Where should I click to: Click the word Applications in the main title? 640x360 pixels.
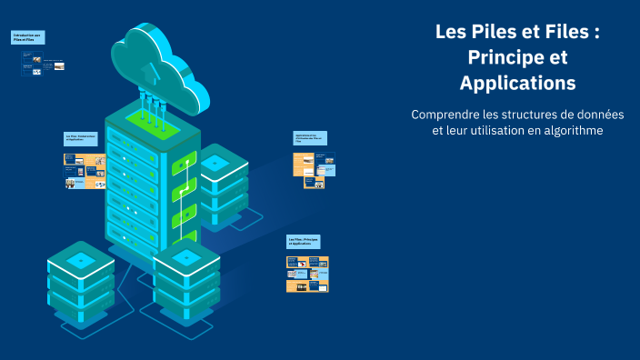pyautogui.click(x=517, y=83)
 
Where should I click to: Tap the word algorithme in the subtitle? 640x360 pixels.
pyautogui.click(x=568, y=130)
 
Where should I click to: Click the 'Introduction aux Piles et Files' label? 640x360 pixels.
pyautogui.click(x=26, y=37)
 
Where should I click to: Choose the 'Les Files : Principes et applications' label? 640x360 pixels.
pyautogui.click(x=304, y=242)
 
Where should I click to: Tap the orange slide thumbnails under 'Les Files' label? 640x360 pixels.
pyautogui.click(x=307, y=274)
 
